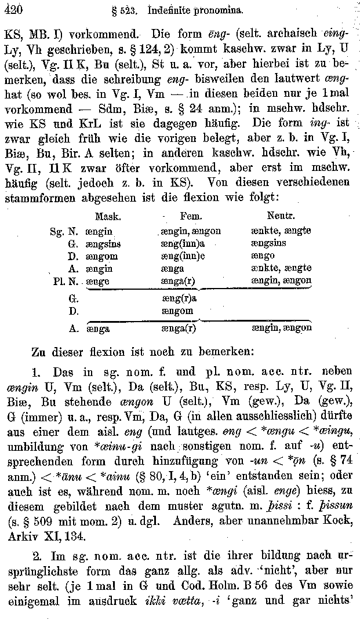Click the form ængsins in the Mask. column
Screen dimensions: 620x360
coord(103,243)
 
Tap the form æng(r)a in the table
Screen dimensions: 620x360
coord(179,299)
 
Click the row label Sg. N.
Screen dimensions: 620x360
coord(63,231)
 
